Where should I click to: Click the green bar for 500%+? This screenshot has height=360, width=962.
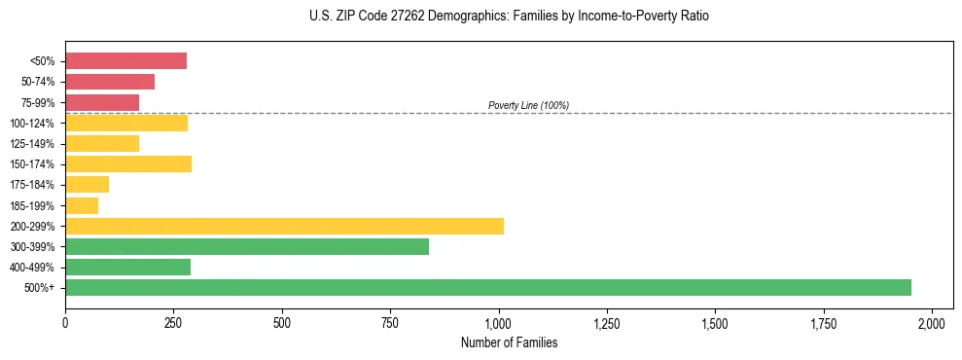tap(488, 287)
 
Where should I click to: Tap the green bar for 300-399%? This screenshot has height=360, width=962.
tap(247, 246)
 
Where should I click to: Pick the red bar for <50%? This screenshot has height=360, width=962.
tap(125, 61)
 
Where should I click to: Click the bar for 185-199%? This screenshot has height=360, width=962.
tap(82, 205)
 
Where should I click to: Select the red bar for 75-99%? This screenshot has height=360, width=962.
tap(102, 102)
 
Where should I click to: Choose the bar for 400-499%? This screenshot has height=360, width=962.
tap(127, 267)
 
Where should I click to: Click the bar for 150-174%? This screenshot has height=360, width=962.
tap(128, 163)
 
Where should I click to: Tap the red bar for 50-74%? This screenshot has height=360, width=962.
tap(110, 82)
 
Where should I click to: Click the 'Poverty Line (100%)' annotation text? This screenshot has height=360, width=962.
tap(528, 105)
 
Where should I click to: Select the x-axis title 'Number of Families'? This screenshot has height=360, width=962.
tap(509, 343)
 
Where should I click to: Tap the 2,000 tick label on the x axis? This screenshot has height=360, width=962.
tap(932, 322)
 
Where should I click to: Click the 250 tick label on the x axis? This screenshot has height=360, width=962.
tap(173, 322)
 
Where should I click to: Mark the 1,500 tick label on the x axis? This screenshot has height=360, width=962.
tap(715, 322)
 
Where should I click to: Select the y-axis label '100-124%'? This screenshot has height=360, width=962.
tap(32, 124)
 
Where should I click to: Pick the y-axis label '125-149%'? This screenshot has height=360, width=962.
tap(32, 144)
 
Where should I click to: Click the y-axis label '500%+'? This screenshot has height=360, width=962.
tap(40, 288)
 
